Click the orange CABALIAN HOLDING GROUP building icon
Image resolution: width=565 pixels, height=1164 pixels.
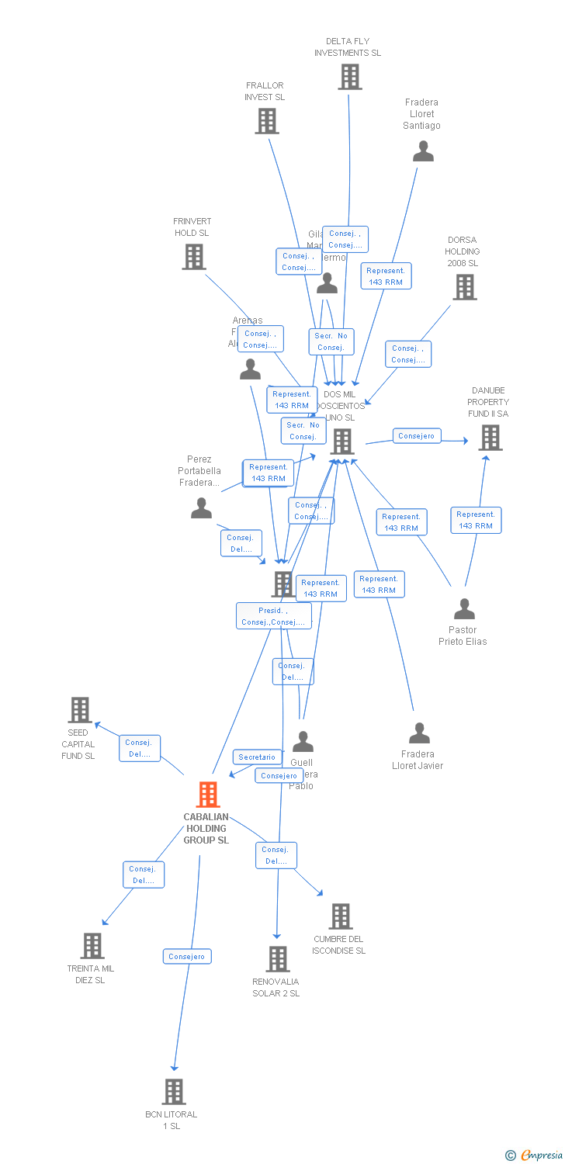[x=207, y=795]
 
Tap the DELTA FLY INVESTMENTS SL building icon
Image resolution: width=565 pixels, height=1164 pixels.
[x=350, y=77]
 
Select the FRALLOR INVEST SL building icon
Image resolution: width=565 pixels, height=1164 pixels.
[x=267, y=121]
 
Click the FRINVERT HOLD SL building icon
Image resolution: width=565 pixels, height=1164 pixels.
[x=194, y=257]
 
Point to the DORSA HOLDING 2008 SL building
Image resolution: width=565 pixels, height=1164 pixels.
[x=465, y=287]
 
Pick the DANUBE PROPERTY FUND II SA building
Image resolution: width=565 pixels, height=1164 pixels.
[x=490, y=438]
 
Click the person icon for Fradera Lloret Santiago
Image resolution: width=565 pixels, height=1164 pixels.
[x=423, y=151]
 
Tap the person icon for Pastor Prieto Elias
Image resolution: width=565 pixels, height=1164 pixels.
[x=464, y=609]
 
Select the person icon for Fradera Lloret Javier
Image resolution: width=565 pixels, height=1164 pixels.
[x=419, y=733]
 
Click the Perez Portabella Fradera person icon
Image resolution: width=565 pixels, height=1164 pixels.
[x=201, y=509]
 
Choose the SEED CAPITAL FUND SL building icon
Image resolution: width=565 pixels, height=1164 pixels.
[x=79, y=710]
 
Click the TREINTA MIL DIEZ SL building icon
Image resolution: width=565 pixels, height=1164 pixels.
[x=92, y=946]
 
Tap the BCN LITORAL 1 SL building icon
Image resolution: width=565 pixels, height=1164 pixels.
[x=174, y=1092]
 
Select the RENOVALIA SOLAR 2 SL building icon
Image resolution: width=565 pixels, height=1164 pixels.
[x=278, y=959]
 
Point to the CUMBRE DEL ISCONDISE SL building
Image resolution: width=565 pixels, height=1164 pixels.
[x=340, y=916]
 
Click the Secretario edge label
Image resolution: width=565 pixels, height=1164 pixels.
[x=257, y=757]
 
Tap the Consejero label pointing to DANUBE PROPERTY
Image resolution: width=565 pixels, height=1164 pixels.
[x=416, y=436]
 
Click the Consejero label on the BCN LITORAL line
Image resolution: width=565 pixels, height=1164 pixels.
[x=187, y=957]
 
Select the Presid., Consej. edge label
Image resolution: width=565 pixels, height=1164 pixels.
[x=273, y=616]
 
